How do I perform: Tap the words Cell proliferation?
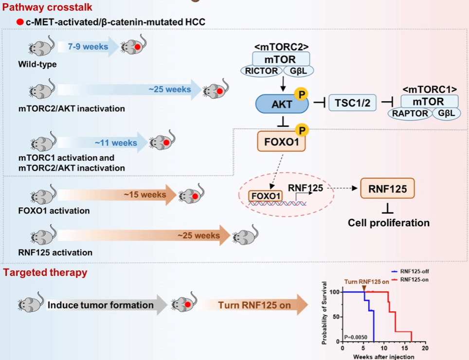pyautogui.click(x=388, y=223)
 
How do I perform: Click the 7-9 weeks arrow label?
pyautogui.click(x=89, y=47)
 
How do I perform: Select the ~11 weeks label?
pyautogui.click(x=116, y=143)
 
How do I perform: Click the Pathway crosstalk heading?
pyautogui.click(x=47, y=7)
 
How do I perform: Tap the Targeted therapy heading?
pyautogui.click(x=45, y=272)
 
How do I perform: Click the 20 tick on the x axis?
pyautogui.click(x=425, y=349)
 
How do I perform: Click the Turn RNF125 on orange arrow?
pyautogui.click(x=254, y=305)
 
